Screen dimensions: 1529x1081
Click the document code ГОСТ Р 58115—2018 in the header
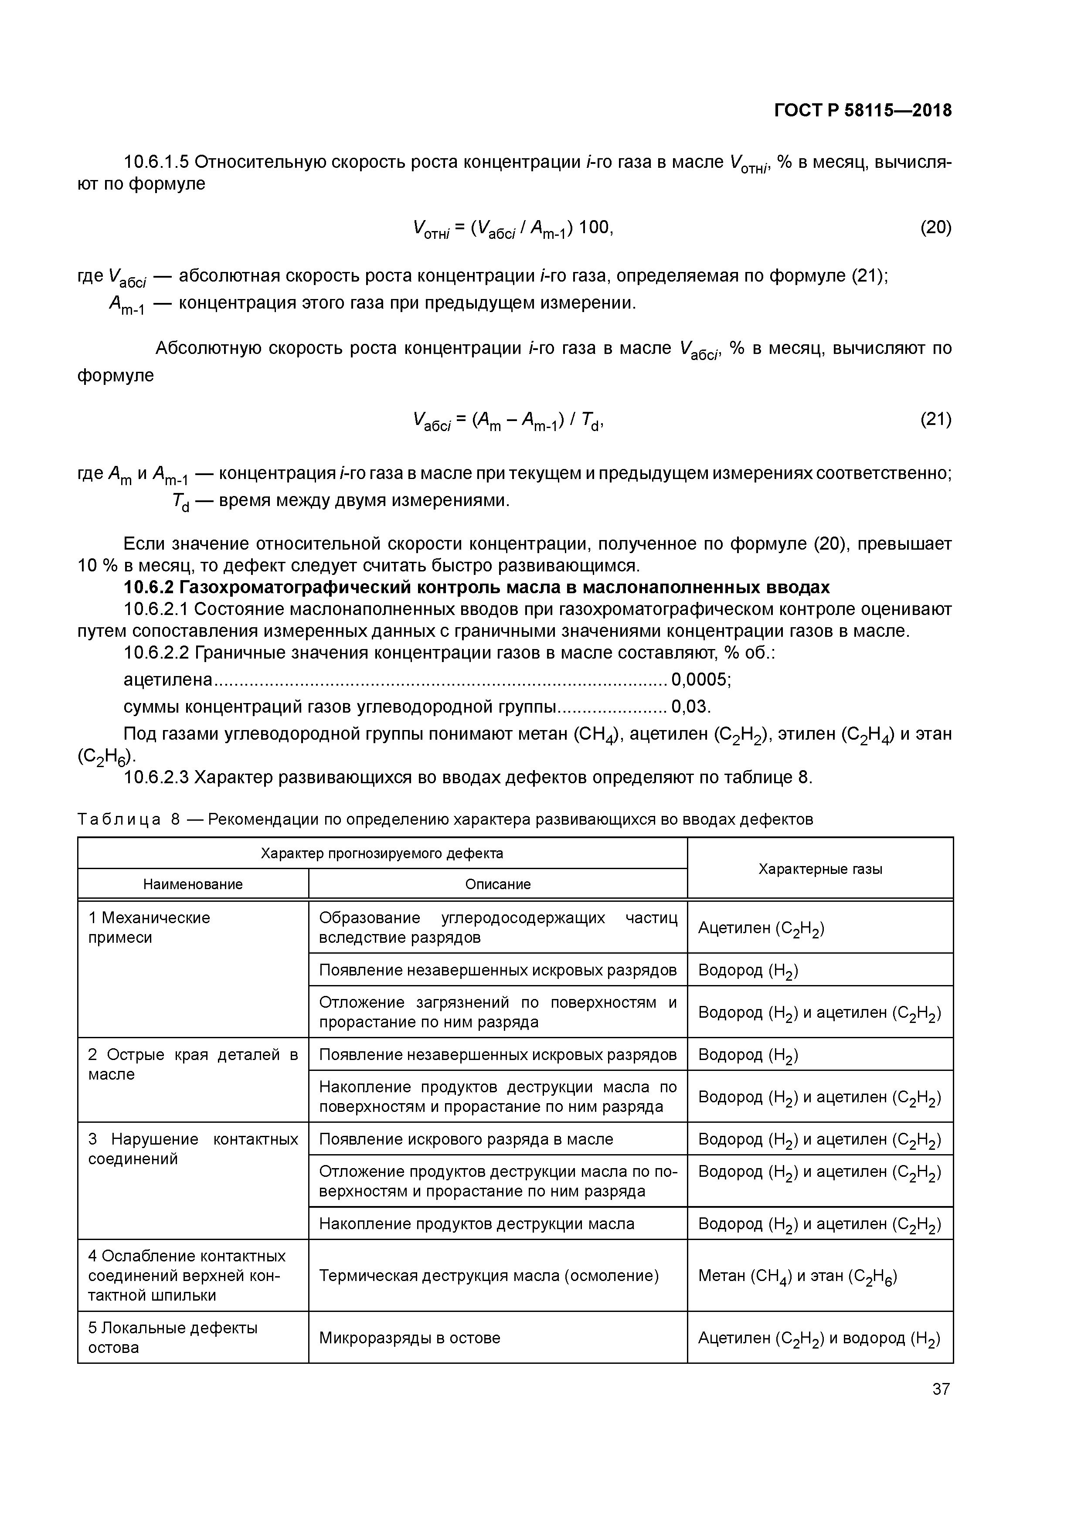[x=863, y=111]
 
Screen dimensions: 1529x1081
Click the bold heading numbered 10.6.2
[x=476, y=588]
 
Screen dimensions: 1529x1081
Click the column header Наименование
[x=193, y=884]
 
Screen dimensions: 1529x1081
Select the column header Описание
[x=497, y=884]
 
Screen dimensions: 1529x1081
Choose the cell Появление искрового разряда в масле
[x=466, y=1139]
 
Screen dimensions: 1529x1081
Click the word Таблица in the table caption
[x=119, y=819]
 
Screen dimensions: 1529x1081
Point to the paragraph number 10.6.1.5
[x=156, y=162]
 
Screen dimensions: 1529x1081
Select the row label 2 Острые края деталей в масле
[x=193, y=1064]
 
